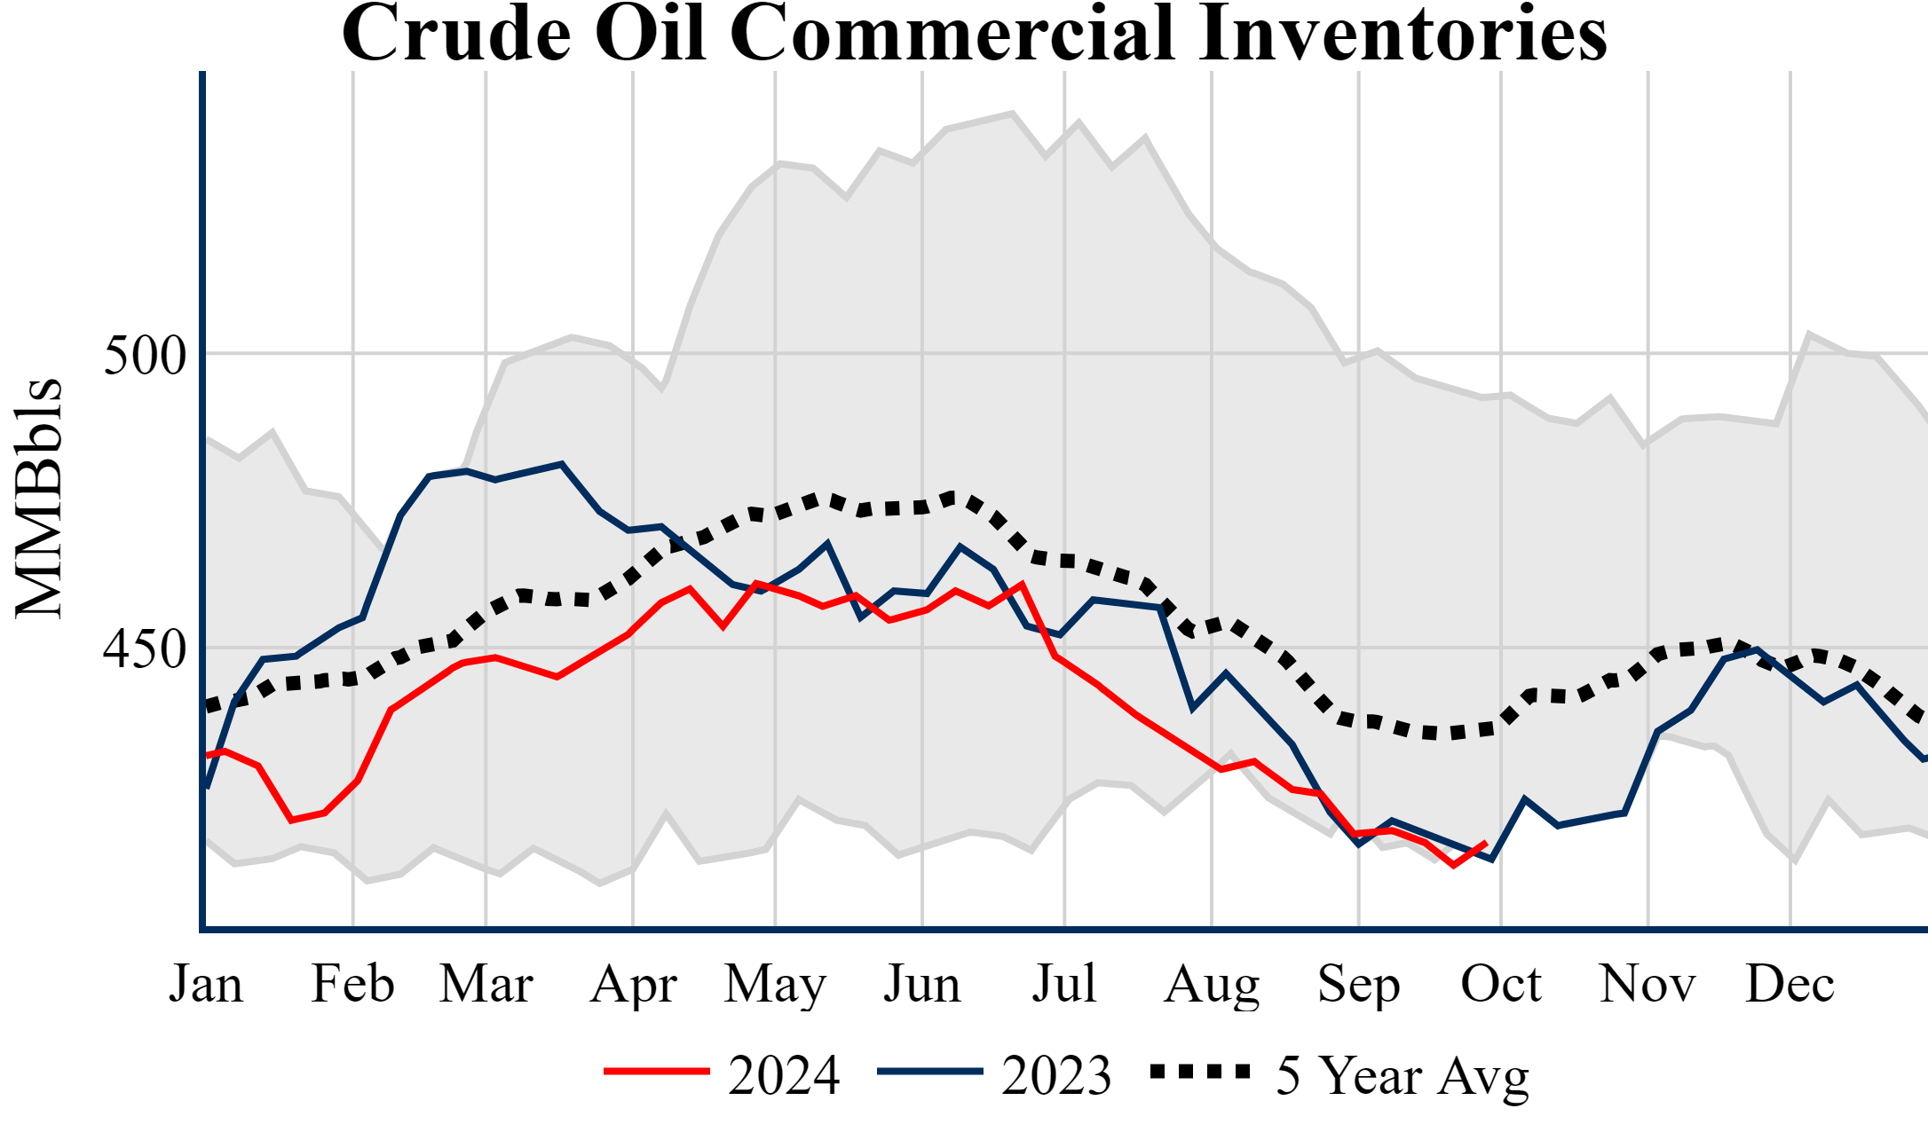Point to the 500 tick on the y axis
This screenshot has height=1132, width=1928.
(146, 355)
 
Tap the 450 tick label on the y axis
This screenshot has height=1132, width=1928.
(146, 649)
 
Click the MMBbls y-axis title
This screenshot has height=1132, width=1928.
(39, 499)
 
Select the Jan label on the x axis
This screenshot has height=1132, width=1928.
(206, 984)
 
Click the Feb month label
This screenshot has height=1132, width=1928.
(352, 984)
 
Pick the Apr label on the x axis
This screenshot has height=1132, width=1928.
(633, 984)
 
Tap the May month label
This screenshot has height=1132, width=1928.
(775, 984)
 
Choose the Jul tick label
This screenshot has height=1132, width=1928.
(1063, 984)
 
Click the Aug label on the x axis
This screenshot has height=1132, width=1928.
(1212, 984)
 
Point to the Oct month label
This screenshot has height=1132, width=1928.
(1501, 984)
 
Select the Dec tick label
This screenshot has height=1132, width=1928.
(1790, 984)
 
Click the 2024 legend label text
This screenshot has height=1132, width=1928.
(784, 1075)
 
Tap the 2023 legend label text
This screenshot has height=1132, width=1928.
(1056, 1075)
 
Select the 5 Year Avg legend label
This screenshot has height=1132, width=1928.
(1403, 1075)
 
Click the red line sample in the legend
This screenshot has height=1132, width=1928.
(657, 1072)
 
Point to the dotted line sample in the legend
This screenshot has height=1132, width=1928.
(1200, 1072)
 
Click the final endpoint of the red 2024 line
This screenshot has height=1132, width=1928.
(1486, 843)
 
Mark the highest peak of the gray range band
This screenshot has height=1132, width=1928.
(1013, 113)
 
